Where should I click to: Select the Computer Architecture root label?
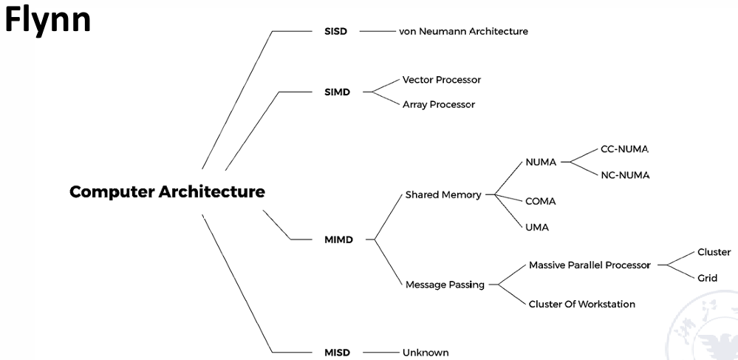pyautogui.click(x=167, y=192)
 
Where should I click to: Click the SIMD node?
pyautogui.click(x=337, y=92)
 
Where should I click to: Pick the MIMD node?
pyautogui.click(x=338, y=240)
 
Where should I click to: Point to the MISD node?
pyautogui.click(x=337, y=353)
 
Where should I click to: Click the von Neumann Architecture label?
pyautogui.click(x=463, y=32)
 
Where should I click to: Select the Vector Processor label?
pyautogui.click(x=441, y=80)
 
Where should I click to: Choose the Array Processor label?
pyautogui.click(x=438, y=105)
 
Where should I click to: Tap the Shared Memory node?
pyautogui.click(x=443, y=195)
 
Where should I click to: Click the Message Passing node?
pyautogui.click(x=445, y=285)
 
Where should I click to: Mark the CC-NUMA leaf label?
pyautogui.click(x=624, y=149)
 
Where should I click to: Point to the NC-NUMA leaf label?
pyautogui.click(x=624, y=175)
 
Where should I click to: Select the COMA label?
pyautogui.click(x=540, y=201)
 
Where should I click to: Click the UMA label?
pyautogui.click(x=537, y=227)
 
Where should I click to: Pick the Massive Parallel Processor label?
pyautogui.click(x=590, y=265)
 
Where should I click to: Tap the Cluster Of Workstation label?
pyautogui.click(x=581, y=304)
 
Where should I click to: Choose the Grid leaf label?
pyautogui.click(x=707, y=279)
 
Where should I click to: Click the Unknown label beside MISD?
pyautogui.click(x=426, y=353)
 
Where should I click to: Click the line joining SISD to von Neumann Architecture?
pyautogui.click(x=377, y=32)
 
